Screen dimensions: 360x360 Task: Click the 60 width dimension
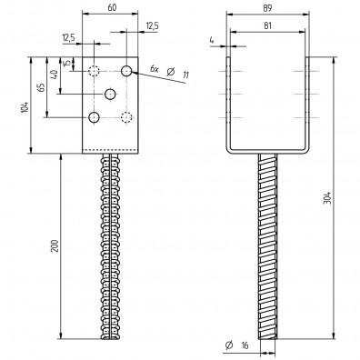click(110, 7)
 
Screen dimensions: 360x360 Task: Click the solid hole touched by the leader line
click(127, 71)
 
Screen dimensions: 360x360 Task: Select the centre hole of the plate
click(111, 94)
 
